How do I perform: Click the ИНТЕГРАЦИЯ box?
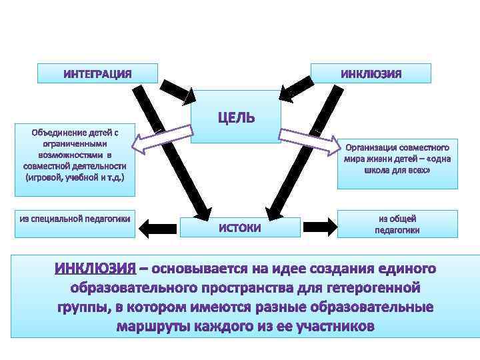97,73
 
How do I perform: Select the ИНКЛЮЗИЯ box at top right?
371,73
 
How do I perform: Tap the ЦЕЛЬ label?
235,118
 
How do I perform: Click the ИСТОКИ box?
240,227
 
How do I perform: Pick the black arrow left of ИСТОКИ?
162,227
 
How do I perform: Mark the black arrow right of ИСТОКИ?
319,227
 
